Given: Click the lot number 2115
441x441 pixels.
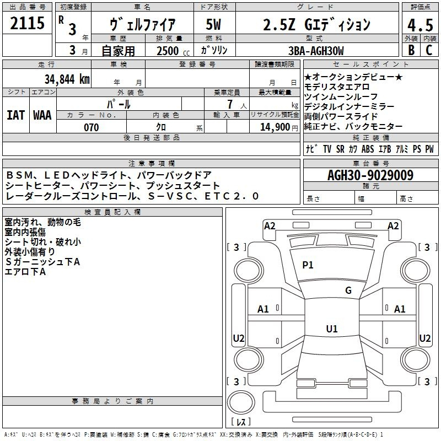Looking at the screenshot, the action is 27,23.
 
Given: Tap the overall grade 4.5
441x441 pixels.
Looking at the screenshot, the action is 420,25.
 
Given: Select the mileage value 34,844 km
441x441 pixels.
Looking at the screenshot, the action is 67,79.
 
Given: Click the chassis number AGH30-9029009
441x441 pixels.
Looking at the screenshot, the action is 370,175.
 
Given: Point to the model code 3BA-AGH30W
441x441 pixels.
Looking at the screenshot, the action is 316,51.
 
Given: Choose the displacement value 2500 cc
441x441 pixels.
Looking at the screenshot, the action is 173,51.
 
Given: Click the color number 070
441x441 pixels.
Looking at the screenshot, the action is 92,127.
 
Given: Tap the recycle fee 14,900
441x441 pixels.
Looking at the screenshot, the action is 275,127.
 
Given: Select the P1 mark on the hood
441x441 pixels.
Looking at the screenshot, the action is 308,265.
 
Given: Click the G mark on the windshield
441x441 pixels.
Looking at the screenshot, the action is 348,291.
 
